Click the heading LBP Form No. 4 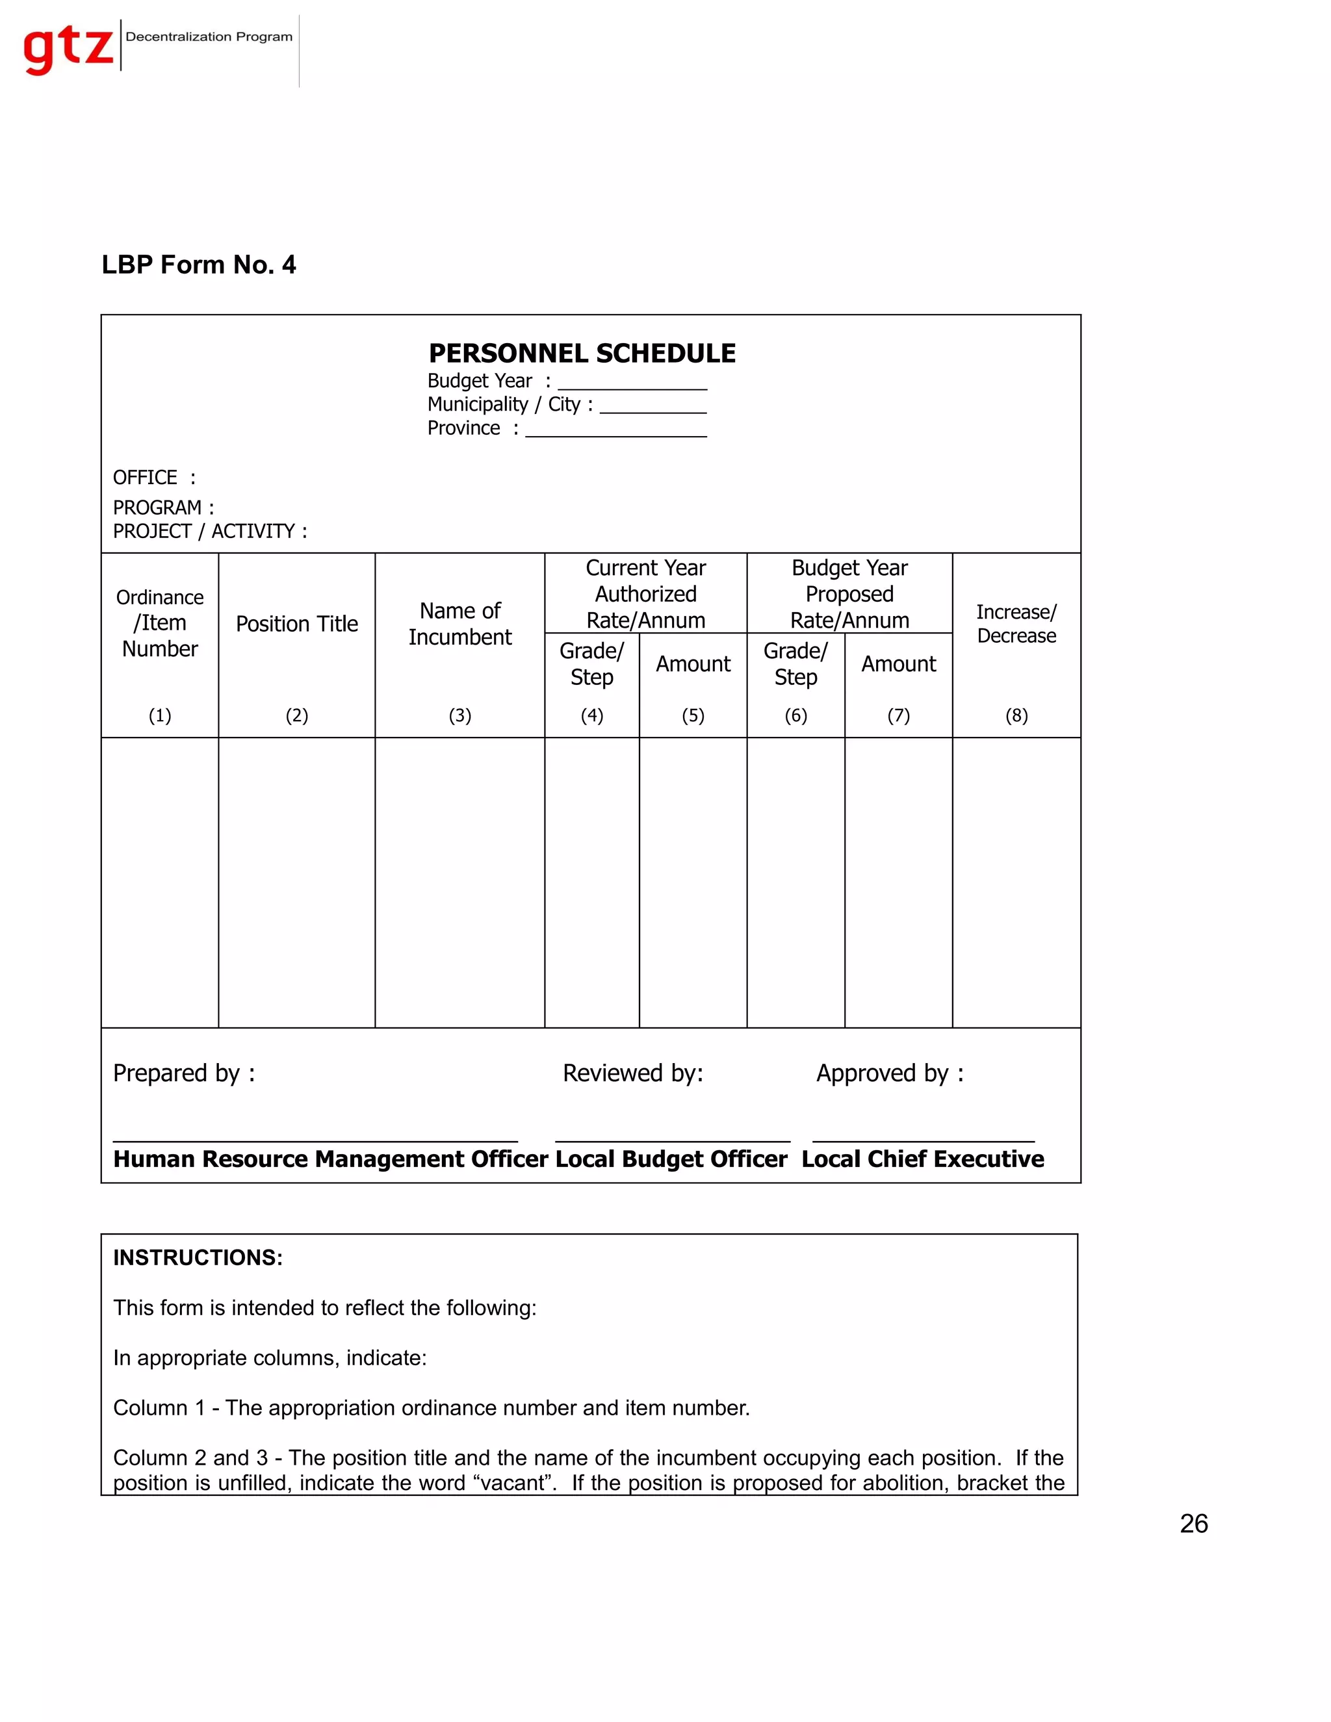tap(199, 265)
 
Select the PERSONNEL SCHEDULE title tap(582, 353)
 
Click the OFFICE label tap(145, 478)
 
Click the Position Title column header tap(296, 624)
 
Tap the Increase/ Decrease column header tap(1016, 624)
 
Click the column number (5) tap(692, 715)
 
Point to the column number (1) tap(160, 715)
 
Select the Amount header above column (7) tap(898, 664)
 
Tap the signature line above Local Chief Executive tap(923, 1140)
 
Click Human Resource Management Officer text tap(330, 1159)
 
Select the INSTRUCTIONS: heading tap(198, 1257)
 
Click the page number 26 tap(1193, 1523)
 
